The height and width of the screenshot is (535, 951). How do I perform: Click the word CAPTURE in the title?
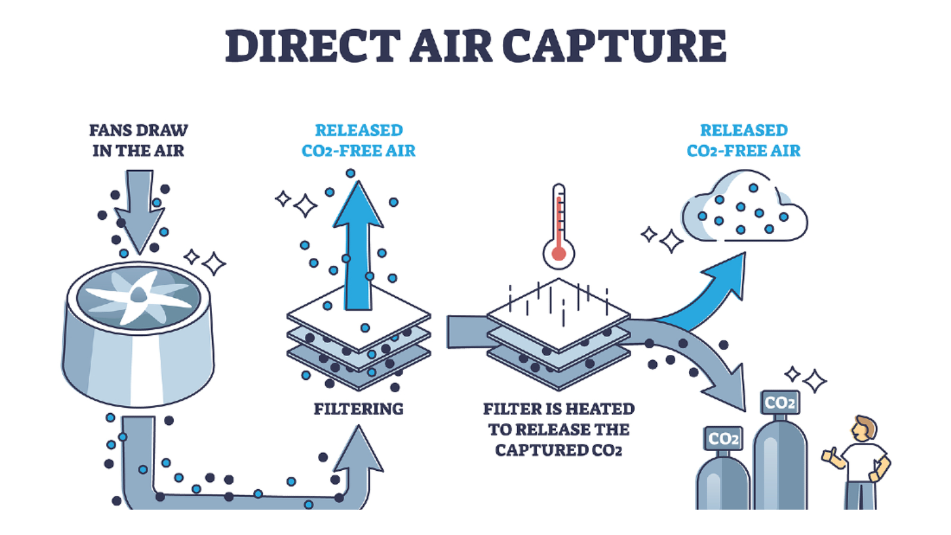pyautogui.click(x=615, y=46)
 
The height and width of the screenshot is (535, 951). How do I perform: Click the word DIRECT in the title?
pyautogui.click(x=313, y=46)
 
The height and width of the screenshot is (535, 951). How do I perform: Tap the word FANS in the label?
pyautogui.click(x=108, y=130)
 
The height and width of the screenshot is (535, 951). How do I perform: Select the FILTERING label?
pyautogui.click(x=359, y=409)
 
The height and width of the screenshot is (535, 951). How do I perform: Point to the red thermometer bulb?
pyautogui.click(x=559, y=254)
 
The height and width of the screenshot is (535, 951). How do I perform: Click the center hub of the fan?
pyautogui.click(x=138, y=294)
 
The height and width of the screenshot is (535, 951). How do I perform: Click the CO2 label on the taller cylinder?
pyautogui.click(x=780, y=402)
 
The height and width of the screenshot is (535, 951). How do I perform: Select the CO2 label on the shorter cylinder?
pyautogui.click(x=724, y=439)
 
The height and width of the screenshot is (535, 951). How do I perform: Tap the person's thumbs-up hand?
pyautogui.click(x=829, y=457)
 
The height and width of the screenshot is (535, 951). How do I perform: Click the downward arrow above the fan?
pyautogui.click(x=139, y=210)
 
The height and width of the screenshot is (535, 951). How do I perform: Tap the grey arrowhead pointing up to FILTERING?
pyautogui.click(x=359, y=450)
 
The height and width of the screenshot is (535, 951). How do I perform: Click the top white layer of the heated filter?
pyautogui.click(x=559, y=314)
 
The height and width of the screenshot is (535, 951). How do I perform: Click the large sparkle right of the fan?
pyautogui.click(x=213, y=264)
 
